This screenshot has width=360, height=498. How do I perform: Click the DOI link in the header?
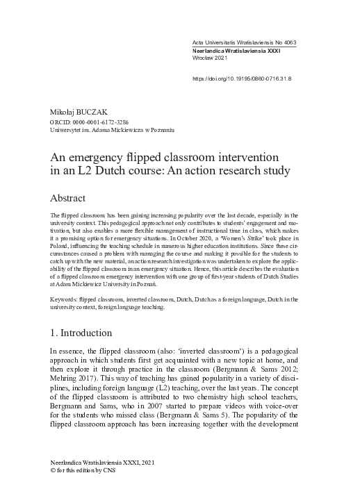pos(240,78)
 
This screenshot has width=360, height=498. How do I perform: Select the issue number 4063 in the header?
pos(286,43)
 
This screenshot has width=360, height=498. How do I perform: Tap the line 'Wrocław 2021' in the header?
pos(210,59)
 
